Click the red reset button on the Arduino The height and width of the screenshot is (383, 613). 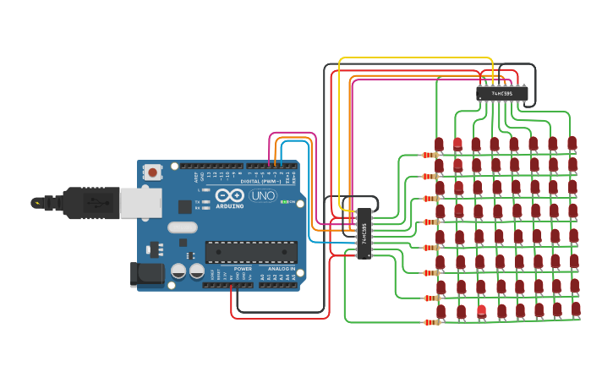click(x=152, y=172)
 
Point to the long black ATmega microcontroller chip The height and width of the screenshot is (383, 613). click(x=251, y=251)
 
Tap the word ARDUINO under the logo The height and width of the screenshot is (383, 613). click(x=230, y=205)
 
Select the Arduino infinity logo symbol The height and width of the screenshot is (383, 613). click(x=228, y=195)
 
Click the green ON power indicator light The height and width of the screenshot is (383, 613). click(x=285, y=202)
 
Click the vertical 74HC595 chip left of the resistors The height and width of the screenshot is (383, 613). click(x=364, y=233)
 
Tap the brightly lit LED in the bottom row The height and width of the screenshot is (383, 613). click(x=481, y=309)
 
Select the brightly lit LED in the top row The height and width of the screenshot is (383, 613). click(x=457, y=143)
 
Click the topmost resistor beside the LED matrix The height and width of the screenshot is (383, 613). click(x=430, y=155)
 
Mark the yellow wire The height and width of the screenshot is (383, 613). click(x=414, y=58)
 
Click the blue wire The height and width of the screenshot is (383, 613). click(x=326, y=242)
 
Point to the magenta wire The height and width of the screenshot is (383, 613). click(x=292, y=133)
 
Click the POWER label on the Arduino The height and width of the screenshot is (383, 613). click(x=243, y=268)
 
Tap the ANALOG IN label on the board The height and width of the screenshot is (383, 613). click(x=282, y=268)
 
